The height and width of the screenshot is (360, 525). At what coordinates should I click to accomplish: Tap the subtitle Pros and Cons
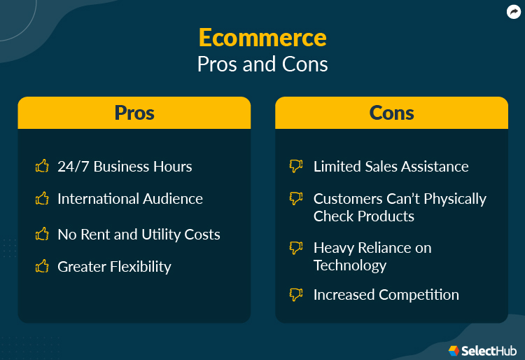click(x=262, y=64)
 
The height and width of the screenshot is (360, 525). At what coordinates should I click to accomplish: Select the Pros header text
click(x=134, y=113)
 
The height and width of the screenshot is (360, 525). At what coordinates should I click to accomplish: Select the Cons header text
click(x=391, y=113)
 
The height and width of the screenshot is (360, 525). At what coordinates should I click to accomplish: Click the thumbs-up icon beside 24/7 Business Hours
click(x=42, y=166)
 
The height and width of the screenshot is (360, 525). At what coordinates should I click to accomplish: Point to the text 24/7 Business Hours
click(x=125, y=167)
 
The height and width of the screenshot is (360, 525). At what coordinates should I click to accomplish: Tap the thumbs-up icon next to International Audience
click(x=42, y=199)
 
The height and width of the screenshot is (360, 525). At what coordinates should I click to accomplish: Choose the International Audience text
click(x=130, y=199)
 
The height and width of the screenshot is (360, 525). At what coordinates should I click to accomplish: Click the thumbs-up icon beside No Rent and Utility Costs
click(x=42, y=235)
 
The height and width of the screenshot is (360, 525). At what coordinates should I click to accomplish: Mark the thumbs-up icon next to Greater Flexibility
click(x=42, y=266)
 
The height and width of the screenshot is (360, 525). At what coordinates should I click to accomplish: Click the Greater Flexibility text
click(x=114, y=267)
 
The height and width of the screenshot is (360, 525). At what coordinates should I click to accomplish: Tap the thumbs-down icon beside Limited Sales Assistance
click(x=296, y=166)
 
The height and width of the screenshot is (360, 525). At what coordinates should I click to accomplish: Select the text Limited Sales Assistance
click(x=391, y=167)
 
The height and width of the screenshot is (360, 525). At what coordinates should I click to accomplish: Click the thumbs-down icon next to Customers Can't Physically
click(x=296, y=199)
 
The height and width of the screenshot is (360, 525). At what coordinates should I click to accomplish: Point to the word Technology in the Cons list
click(x=350, y=265)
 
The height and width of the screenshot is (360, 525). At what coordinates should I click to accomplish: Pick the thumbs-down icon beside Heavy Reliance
click(x=296, y=248)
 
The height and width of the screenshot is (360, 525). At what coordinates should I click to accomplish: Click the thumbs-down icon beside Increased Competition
click(x=296, y=295)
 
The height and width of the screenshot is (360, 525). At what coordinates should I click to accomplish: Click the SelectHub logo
click(x=479, y=349)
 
